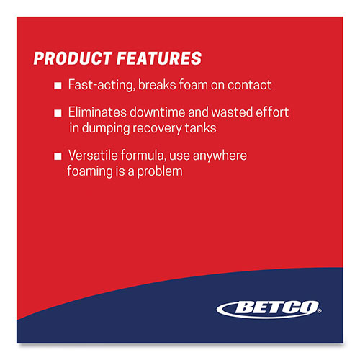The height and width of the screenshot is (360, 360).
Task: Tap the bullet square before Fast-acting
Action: (58, 86)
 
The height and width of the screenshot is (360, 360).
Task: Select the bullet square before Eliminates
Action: (58, 113)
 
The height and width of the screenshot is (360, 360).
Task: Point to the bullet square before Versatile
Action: (58, 155)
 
